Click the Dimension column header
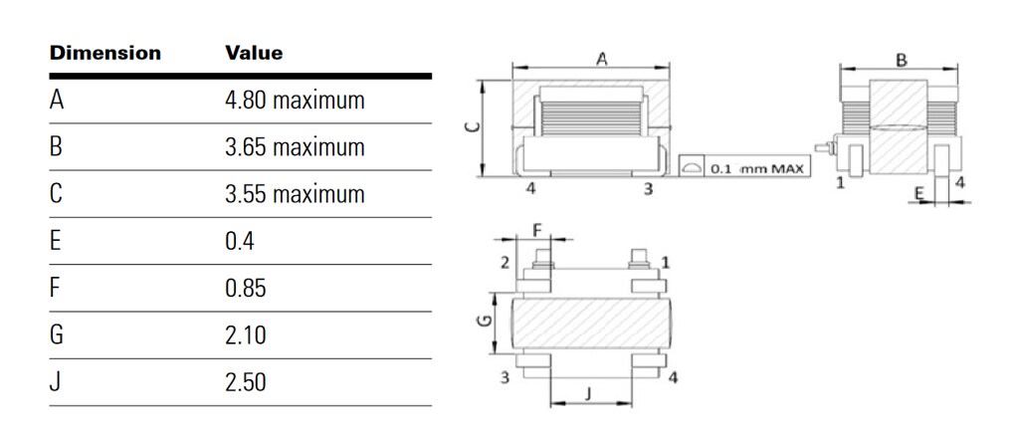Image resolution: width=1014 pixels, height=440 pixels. (104, 53)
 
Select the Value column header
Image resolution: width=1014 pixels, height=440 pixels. (254, 53)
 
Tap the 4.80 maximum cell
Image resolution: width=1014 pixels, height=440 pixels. (295, 101)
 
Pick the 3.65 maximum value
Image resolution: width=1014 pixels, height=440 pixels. (295, 147)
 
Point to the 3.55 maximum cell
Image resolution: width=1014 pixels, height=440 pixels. (295, 194)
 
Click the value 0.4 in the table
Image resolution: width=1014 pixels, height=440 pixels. (240, 242)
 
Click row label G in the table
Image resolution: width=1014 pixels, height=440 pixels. (57, 335)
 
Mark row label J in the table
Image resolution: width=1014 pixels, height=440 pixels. (55, 382)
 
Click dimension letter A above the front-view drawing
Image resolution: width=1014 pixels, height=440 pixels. (601, 59)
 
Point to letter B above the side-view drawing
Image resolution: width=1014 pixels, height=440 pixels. (902, 60)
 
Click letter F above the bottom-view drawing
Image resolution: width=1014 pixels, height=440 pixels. (538, 230)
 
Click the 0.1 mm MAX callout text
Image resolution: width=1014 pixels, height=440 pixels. (759, 168)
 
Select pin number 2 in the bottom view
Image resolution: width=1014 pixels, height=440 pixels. (505, 262)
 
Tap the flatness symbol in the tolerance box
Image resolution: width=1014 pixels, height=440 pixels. (692, 168)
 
